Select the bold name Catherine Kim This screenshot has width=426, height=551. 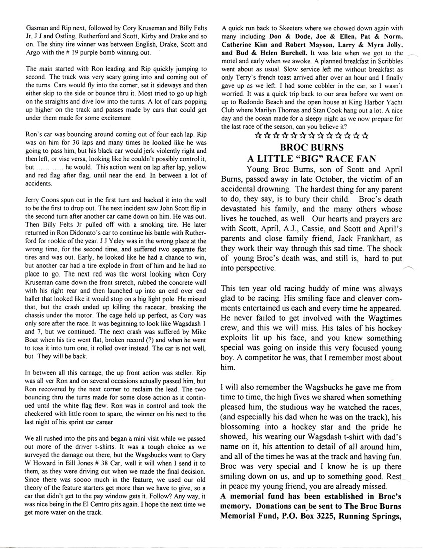[x=246, y=44]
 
